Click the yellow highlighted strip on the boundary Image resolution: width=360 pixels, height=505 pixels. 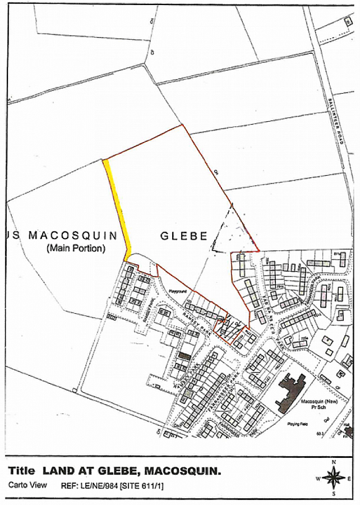(118, 208)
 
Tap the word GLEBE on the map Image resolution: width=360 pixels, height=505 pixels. (184, 236)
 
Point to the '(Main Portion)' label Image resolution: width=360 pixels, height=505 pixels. (76, 248)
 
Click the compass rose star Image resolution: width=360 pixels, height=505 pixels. (334, 478)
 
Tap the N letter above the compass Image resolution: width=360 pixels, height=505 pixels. (334, 462)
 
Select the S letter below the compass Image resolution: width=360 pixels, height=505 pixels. (334, 494)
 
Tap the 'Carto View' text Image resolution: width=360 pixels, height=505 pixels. (27, 485)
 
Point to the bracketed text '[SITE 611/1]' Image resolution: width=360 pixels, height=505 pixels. (145, 485)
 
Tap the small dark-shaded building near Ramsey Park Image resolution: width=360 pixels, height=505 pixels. (184, 356)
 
